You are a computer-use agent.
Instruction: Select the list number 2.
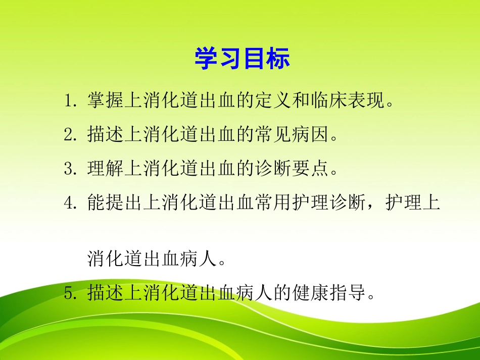[x=69, y=135]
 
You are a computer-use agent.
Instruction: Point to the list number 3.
[x=69, y=169]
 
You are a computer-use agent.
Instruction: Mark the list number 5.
[x=69, y=293]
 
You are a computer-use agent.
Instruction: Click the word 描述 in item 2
[x=104, y=135]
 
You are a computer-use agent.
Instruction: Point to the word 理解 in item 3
[x=104, y=169]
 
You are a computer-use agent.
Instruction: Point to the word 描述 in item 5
[x=104, y=293]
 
